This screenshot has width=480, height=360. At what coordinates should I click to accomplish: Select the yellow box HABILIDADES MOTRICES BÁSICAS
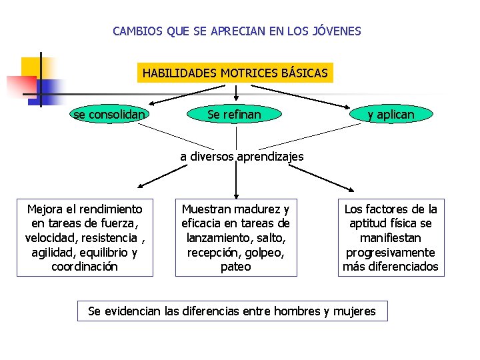[235, 73]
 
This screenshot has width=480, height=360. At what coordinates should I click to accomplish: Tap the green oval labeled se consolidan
[109, 115]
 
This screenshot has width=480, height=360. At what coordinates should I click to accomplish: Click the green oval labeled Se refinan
[234, 115]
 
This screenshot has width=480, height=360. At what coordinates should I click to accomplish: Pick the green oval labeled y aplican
[391, 115]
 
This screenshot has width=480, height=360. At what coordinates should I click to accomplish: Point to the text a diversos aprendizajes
[241, 157]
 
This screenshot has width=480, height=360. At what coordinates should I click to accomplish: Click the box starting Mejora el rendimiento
[85, 238]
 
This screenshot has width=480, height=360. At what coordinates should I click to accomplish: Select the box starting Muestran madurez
[236, 238]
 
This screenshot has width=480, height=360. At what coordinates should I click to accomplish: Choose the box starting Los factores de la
[391, 238]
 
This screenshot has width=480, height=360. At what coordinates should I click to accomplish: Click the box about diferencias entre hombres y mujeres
[232, 311]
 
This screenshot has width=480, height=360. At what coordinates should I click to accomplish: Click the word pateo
[236, 267]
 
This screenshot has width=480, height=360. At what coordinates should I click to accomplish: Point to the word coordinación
[85, 267]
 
